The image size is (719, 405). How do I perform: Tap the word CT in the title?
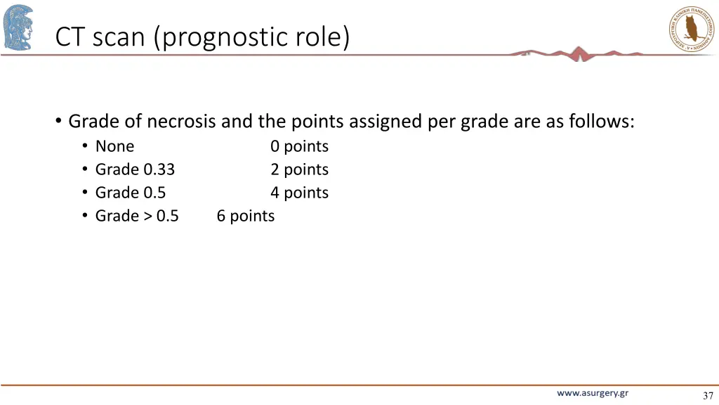pos(70,37)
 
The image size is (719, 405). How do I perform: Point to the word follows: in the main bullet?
pos(601,122)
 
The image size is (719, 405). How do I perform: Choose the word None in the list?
pos(114,146)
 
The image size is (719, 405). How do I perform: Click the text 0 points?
pos(299,146)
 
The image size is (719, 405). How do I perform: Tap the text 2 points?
pos(299,169)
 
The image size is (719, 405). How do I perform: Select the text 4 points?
pos(299,193)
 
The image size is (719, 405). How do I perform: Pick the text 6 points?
pos(245,216)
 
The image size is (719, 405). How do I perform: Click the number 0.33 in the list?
pos(159,169)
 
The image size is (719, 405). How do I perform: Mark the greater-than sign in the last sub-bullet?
pos(147,216)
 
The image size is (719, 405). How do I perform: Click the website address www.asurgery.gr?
pos(593,393)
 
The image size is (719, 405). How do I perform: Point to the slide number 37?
pos(707,396)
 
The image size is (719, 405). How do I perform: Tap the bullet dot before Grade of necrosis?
pos(58,121)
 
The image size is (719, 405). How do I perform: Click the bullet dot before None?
pos(84,146)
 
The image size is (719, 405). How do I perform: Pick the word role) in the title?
pos(322,37)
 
